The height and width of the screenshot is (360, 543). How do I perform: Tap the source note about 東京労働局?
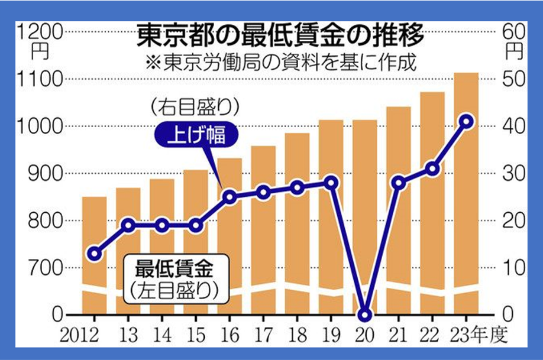click(293, 61)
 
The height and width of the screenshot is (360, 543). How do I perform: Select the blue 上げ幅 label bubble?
click(196, 135)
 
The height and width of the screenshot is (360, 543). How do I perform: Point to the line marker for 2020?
click(365, 314)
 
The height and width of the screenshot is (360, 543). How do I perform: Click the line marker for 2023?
click(466, 121)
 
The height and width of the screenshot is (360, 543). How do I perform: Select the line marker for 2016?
click(230, 197)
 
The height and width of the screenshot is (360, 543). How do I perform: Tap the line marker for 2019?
click(331, 183)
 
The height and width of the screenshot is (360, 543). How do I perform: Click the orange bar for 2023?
click(466, 189)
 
